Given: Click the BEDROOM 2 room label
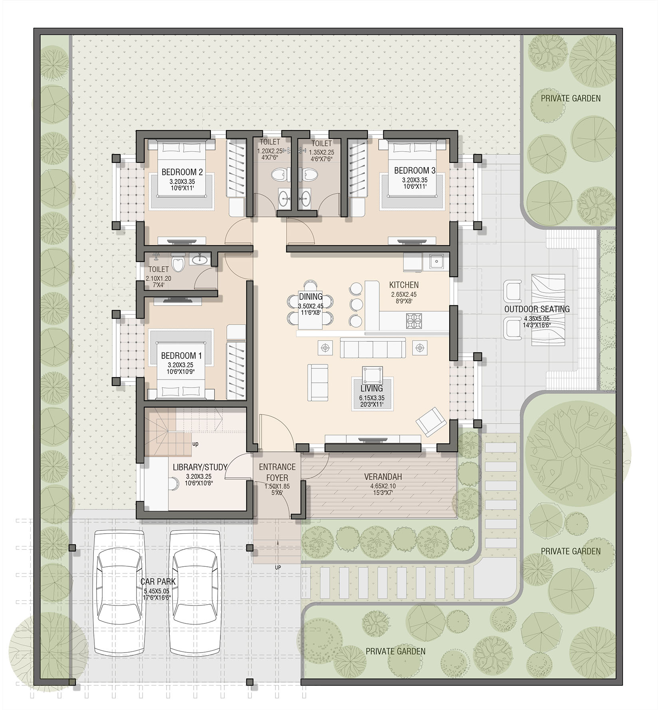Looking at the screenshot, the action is [182, 172].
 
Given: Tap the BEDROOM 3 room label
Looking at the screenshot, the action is [414, 170].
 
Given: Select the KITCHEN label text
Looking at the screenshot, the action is [404, 285].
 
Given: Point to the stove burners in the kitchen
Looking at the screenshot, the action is [414, 320].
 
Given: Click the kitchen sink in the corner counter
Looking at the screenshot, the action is [437, 261].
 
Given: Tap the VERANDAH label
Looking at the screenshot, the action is [383, 477].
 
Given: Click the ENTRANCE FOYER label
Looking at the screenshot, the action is [277, 472].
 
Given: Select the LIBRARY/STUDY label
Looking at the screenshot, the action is [200, 467].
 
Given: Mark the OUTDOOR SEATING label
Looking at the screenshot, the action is [537, 309].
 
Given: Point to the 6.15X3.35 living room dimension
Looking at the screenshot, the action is [371, 398].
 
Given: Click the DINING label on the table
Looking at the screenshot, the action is [311, 297].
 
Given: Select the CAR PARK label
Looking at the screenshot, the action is [158, 582].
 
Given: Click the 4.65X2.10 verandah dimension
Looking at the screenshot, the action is [383, 486].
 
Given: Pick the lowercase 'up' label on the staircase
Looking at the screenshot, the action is [195, 444].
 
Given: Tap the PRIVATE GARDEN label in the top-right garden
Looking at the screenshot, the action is [571, 98].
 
